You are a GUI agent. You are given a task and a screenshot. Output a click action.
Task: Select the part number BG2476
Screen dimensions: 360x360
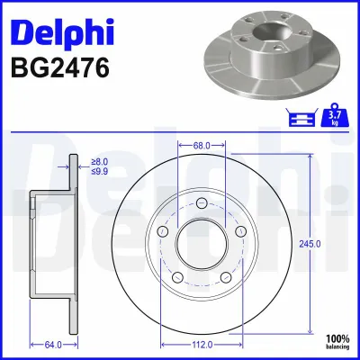[59, 67]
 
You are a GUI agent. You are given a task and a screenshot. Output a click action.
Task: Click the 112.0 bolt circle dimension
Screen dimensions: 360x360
[202, 343]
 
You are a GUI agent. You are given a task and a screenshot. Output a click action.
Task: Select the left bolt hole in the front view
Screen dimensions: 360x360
[162, 231]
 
